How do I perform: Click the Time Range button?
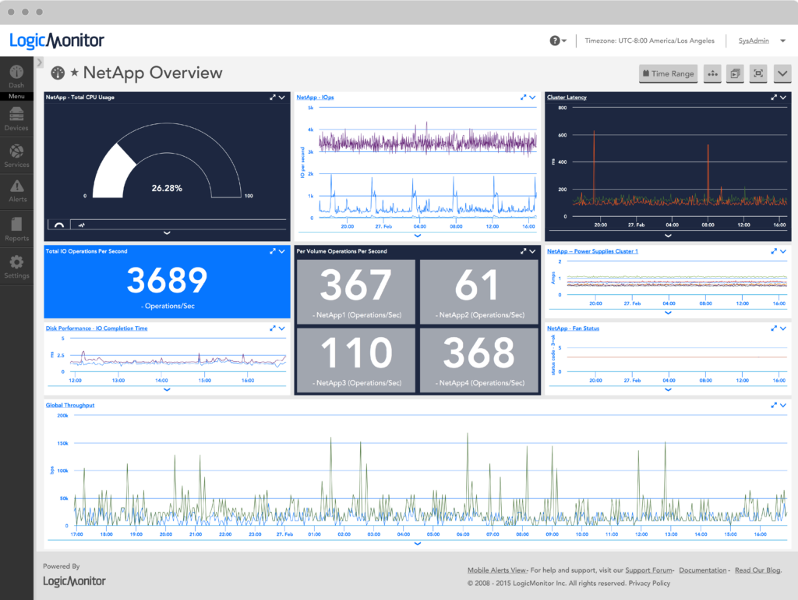pos(667,73)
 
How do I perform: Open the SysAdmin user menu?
pos(756,41)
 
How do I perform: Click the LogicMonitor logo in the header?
pos(57,41)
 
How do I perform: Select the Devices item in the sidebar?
pos(16,119)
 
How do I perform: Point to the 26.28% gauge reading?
pos(167,188)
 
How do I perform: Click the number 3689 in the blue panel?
pos(167,280)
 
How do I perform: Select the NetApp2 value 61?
pos(478,286)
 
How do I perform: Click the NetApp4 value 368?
pos(478,353)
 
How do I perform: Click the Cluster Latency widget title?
pos(567,98)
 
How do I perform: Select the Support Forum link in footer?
pos(649,570)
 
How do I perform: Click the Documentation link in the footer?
pos(704,570)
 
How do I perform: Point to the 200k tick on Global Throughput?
pos(62,416)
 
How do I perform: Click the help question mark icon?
pos(555,41)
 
